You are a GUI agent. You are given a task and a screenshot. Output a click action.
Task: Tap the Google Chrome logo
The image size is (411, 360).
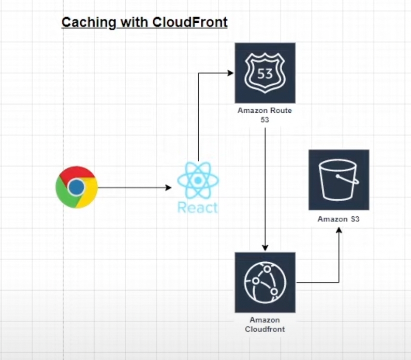point(77,187)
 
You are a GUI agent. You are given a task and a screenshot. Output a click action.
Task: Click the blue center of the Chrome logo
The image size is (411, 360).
point(77,187)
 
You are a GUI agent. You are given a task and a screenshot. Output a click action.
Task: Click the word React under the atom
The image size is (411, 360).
point(198,207)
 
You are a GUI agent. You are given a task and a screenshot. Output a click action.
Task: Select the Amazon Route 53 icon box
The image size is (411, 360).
point(265,73)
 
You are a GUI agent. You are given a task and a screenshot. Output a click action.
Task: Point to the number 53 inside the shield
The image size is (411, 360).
point(265,73)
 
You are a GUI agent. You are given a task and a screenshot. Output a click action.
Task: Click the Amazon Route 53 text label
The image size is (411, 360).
point(265,115)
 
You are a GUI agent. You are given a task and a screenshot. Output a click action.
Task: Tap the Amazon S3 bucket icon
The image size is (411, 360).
point(339,179)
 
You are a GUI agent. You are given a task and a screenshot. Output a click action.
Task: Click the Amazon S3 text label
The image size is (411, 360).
point(339,219)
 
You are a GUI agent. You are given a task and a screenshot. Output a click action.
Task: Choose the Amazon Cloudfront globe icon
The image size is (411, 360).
point(265,282)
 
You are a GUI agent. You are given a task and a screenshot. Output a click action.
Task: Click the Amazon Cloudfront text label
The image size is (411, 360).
point(265,325)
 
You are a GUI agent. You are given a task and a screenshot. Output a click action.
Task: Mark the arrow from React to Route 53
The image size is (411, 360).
point(199,114)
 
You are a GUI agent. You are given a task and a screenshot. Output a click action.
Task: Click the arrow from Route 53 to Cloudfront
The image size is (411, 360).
point(265,186)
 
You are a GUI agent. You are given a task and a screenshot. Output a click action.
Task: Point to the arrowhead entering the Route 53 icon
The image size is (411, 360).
point(231,73)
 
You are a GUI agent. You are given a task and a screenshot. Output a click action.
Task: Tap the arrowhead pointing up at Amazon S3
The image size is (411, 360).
point(339,231)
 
